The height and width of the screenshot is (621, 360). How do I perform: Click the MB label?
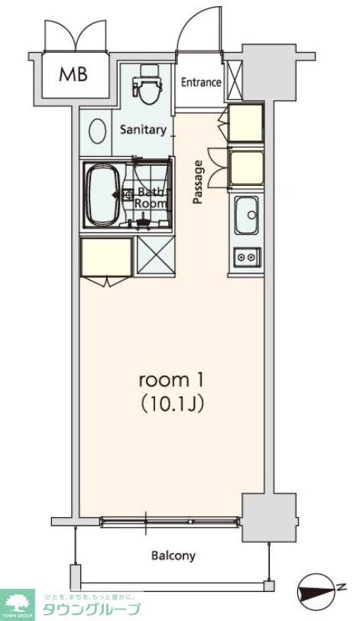74,74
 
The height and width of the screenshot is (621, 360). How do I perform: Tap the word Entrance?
201,83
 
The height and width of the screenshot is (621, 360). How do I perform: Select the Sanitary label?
142,129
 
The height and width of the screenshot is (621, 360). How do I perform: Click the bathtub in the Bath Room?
102,194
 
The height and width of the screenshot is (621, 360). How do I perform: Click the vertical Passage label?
198,182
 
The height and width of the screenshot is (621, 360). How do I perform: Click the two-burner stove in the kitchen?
245,258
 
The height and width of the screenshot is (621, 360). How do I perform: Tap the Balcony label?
173,556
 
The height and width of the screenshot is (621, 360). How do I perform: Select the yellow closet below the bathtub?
106,258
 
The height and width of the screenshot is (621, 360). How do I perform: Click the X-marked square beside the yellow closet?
156,258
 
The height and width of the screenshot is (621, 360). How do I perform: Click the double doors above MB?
74,36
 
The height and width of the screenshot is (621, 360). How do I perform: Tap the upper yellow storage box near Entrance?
246,122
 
